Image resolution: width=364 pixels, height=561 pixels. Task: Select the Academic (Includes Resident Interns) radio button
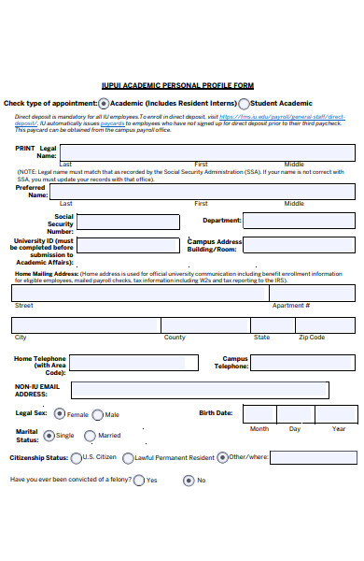pos(104,103)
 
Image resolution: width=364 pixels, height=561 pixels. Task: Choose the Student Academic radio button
pos(244,104)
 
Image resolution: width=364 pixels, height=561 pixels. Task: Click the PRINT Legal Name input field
pos(207,152)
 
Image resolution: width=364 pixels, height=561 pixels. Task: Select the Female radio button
pos(60,413)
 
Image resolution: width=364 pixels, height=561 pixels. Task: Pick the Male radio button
pos(98,414)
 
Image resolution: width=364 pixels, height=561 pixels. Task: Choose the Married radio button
pos(91,436)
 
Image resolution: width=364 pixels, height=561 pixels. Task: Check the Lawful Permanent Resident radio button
pos(128,458)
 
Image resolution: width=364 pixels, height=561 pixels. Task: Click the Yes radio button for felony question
pos(139,481)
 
